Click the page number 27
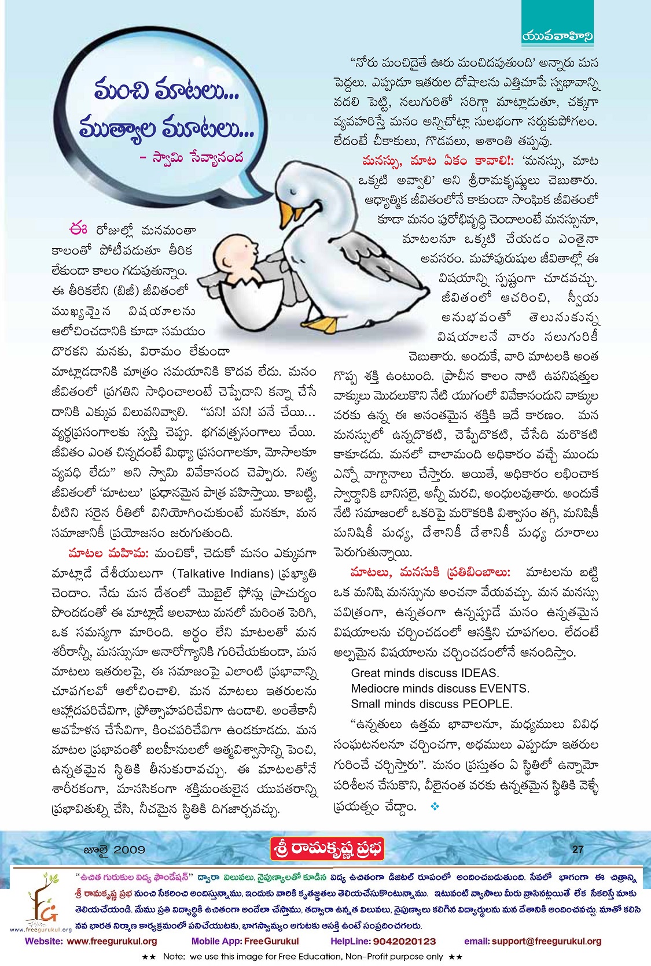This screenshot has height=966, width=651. point(578,849)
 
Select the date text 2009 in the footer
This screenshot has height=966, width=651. point(130,850)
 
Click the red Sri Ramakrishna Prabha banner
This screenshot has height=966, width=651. point(328,849)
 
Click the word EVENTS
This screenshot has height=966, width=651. point(504,689)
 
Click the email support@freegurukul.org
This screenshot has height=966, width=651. point(547,941)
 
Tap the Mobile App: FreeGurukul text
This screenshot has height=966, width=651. point(245,941)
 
